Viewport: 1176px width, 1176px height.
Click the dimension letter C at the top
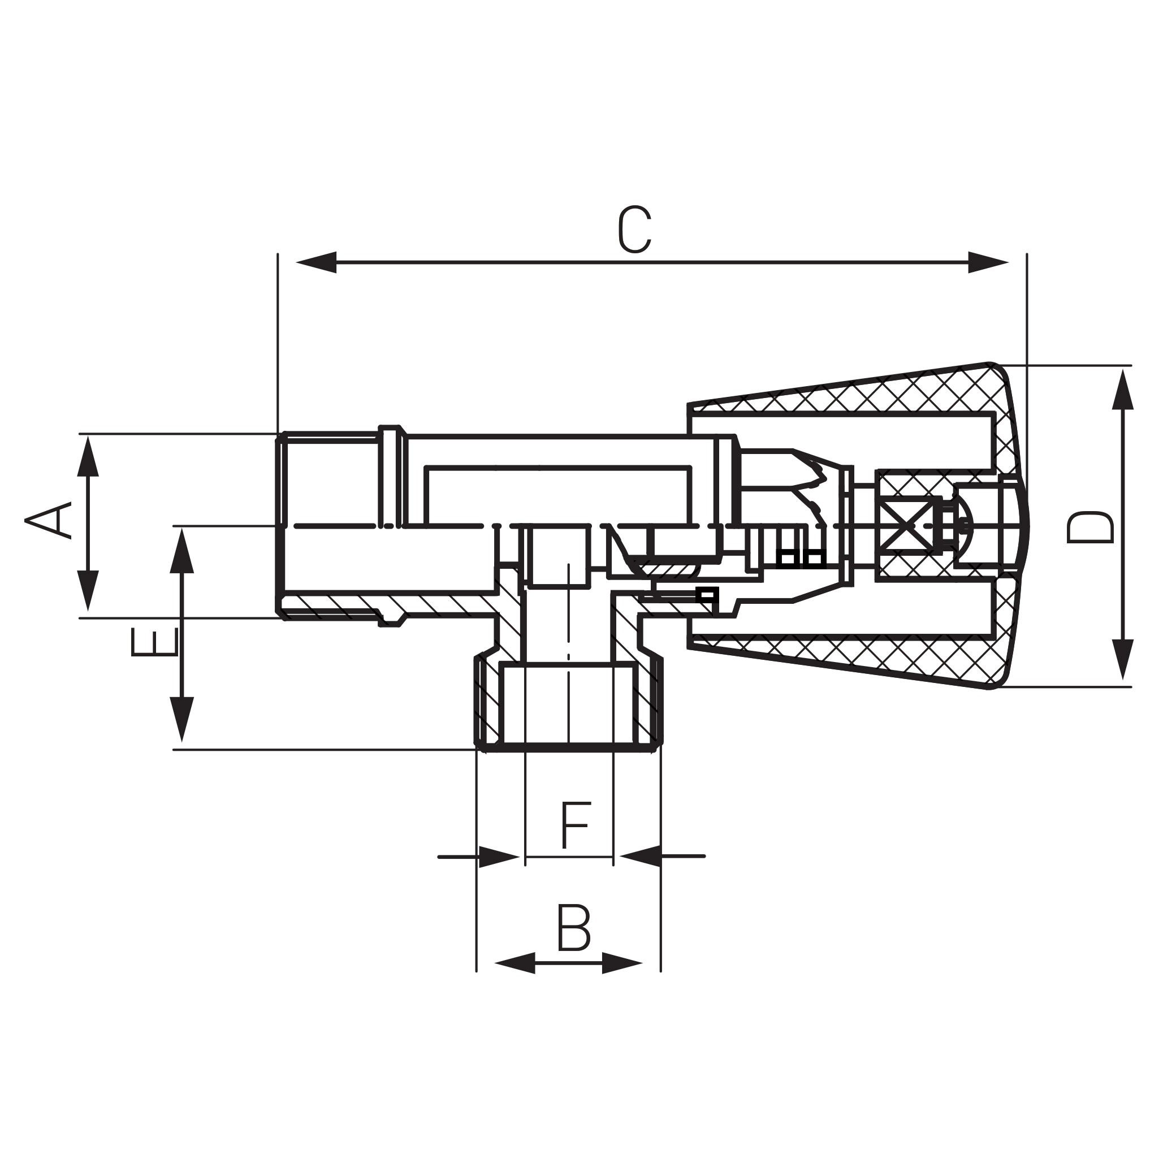(x=635, y=230)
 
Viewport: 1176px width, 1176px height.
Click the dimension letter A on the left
(x=48, y=520)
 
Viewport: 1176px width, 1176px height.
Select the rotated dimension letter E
(x=154, y=642)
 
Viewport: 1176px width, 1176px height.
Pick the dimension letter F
(x=574, y=825)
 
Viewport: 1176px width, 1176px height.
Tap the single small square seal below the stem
(x=707, y=594)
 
